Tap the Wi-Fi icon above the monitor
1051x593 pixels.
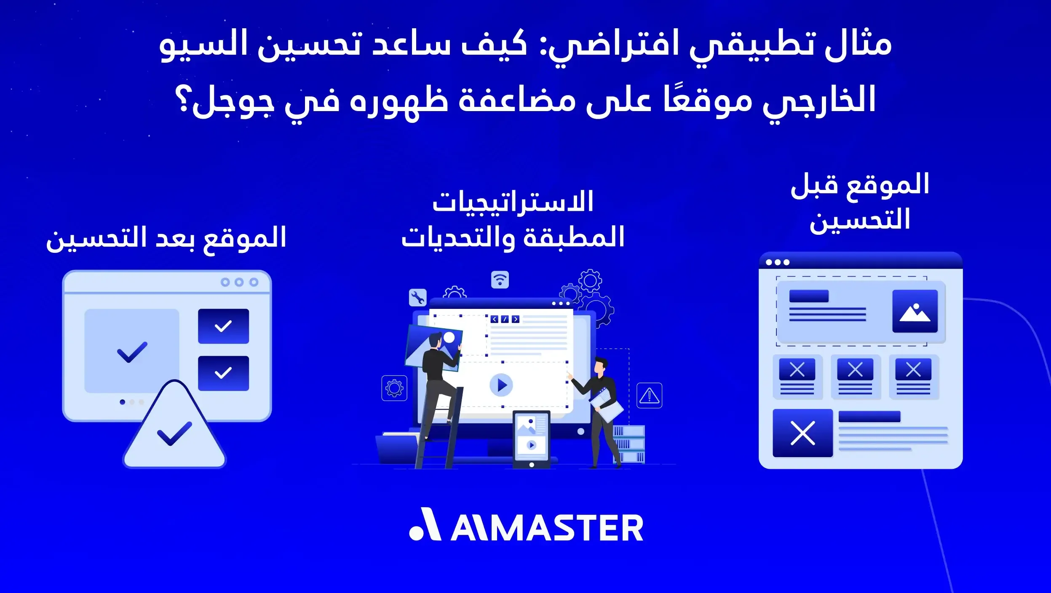pyautogui.click(x=500, y=280)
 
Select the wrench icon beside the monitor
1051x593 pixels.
pyautogui.click(x=417, y=298)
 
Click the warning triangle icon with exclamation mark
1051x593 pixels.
pyautogui.click(x=649, y=396)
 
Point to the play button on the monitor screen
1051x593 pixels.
pyautogui.click(x=501, y=385)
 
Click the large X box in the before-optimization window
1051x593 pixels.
pyautogui.click(x=802, y=433)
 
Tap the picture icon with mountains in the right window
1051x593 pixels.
pyautogui.click(x=915, y=311)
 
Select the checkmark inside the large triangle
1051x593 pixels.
pyautogui.click(x=174, y=433)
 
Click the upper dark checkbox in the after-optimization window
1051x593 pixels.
pyautogui.click(x=223, y=326)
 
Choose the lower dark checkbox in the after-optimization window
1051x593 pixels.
pyautogui.click(x=223, y=373)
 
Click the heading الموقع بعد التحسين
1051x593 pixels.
pyautogui.click(x=166, y=238)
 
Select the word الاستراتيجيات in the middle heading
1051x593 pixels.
pyautogui.click(x=513, y=202)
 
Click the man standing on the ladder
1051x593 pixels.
pyautogui.click(x=438, y=379)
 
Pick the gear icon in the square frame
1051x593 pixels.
pyautogui.click(x=394, y=388)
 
